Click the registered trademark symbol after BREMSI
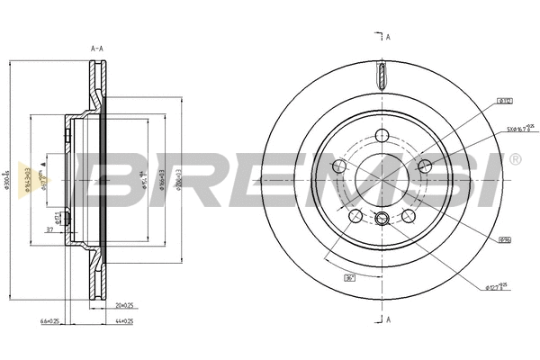[514, 159]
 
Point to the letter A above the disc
[387, 37]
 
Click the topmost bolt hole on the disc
[382, 137]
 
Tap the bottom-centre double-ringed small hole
[382, 218]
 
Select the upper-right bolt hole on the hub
[425, 166]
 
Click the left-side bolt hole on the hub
[339, 166]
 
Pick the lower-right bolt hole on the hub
[409, 216]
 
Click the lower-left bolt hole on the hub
[355, 216]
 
